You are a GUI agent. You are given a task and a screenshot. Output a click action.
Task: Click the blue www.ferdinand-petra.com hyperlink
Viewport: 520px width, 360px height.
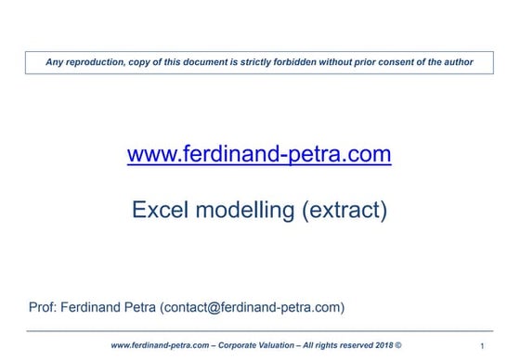[x=259, y=155]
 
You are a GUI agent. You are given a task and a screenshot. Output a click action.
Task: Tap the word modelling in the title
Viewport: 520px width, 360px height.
[x=247, y=210]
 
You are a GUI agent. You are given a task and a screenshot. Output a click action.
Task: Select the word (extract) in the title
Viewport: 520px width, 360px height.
[x=343, y=210]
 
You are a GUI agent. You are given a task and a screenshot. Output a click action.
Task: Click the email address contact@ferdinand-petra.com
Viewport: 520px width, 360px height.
[x=253, y=306]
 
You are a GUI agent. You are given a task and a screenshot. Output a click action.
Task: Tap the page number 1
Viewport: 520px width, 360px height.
[x=483, y=346]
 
